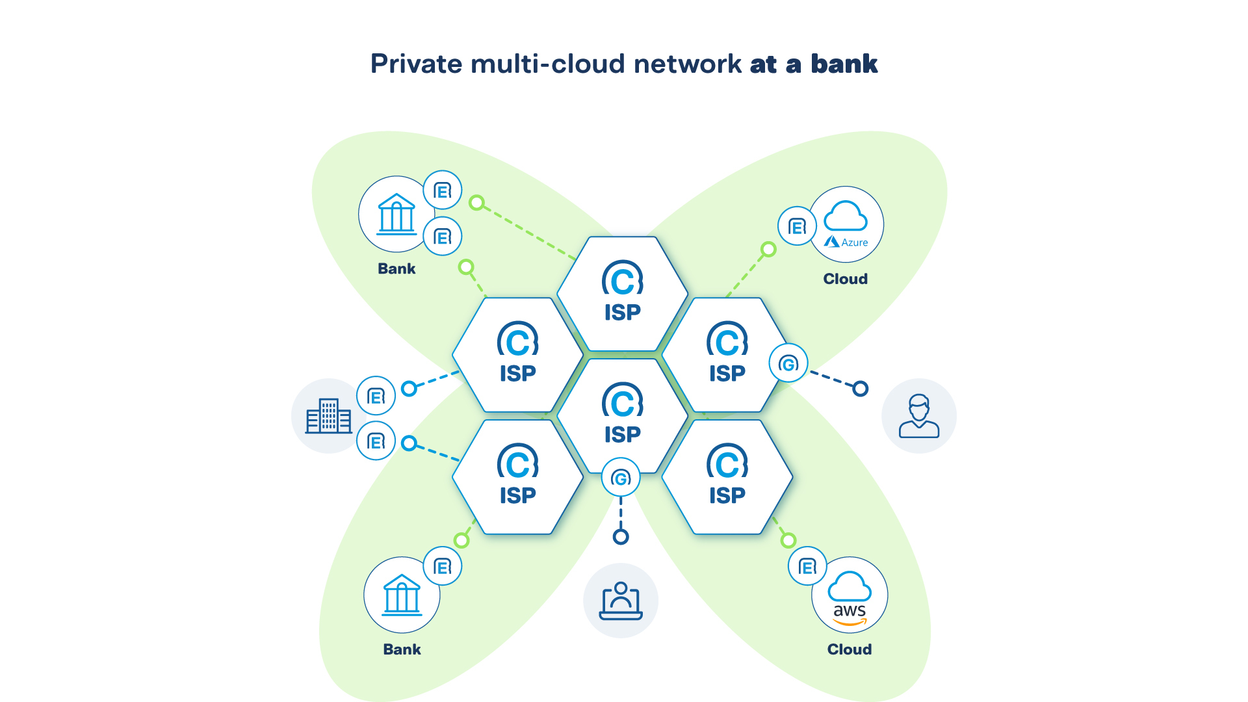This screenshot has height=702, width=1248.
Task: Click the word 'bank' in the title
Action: click(844, 64)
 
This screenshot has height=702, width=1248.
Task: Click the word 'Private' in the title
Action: click(416, 64)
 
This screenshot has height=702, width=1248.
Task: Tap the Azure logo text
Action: click(853, 242)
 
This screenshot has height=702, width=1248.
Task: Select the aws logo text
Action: click(850, 611)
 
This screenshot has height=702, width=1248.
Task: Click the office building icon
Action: click(329, 416)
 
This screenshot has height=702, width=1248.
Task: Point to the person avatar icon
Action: click(918, 416)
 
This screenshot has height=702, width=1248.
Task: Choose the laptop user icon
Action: click(621, 601)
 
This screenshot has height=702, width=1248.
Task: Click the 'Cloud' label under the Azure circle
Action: click(845, 279)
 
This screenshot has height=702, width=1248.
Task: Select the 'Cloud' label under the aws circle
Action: click(849, 649)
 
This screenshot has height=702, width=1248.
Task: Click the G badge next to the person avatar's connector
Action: click(788, 363)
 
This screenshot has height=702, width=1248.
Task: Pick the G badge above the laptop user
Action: click(621, 478)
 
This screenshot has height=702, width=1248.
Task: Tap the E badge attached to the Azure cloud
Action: click(797, 226)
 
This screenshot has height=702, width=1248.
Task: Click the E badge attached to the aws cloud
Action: click(807, 567)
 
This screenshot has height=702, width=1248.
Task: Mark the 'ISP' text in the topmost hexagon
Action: click(622, 313)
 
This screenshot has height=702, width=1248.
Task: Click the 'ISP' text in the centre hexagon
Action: click(622, 434)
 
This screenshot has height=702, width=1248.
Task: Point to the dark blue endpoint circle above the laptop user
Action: click(621, 537)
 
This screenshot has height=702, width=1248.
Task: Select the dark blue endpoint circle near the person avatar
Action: click(860, 389)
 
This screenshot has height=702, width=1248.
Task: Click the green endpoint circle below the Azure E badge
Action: click(768, 250)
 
